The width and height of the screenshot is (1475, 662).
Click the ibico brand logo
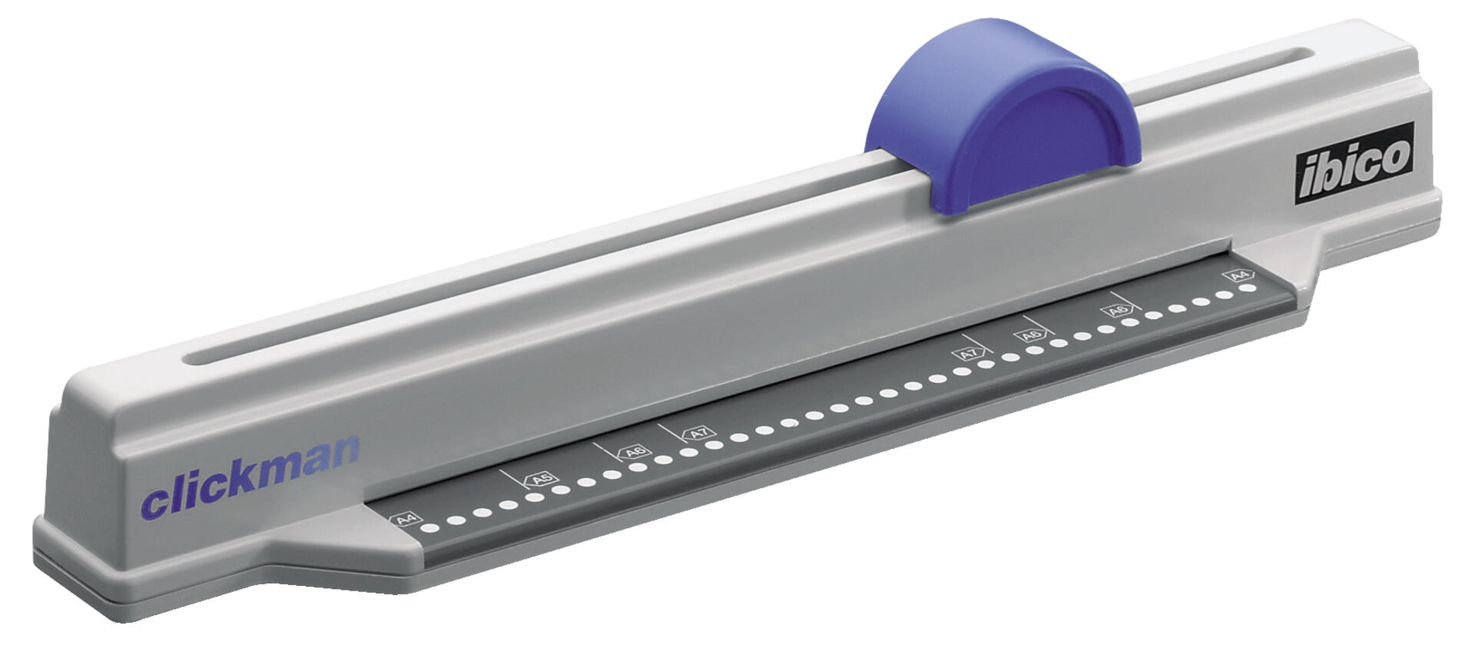coord(1354,164)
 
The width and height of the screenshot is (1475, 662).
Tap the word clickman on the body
coord(250,478)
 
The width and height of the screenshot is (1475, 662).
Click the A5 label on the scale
coord(541,480)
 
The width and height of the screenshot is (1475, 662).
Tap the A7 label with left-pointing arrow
coord(698,433)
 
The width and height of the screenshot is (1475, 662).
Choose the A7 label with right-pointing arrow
coord(970,354)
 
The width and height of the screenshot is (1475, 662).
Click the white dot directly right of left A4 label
coord(430,527)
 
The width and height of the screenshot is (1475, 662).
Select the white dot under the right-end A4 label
coord(1248,288)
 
